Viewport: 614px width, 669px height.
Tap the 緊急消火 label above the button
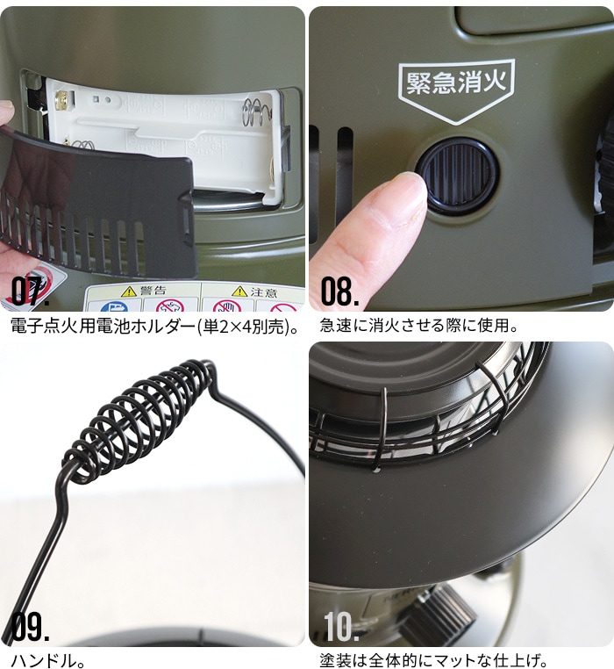[x=455, y=83]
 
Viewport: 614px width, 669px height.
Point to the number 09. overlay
[x=31, y=628]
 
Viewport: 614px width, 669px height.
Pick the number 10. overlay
[x=341, y=628]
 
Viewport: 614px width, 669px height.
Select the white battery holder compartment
[x=167, y=132]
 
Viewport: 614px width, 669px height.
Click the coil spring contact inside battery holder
[x=255, y=111]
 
